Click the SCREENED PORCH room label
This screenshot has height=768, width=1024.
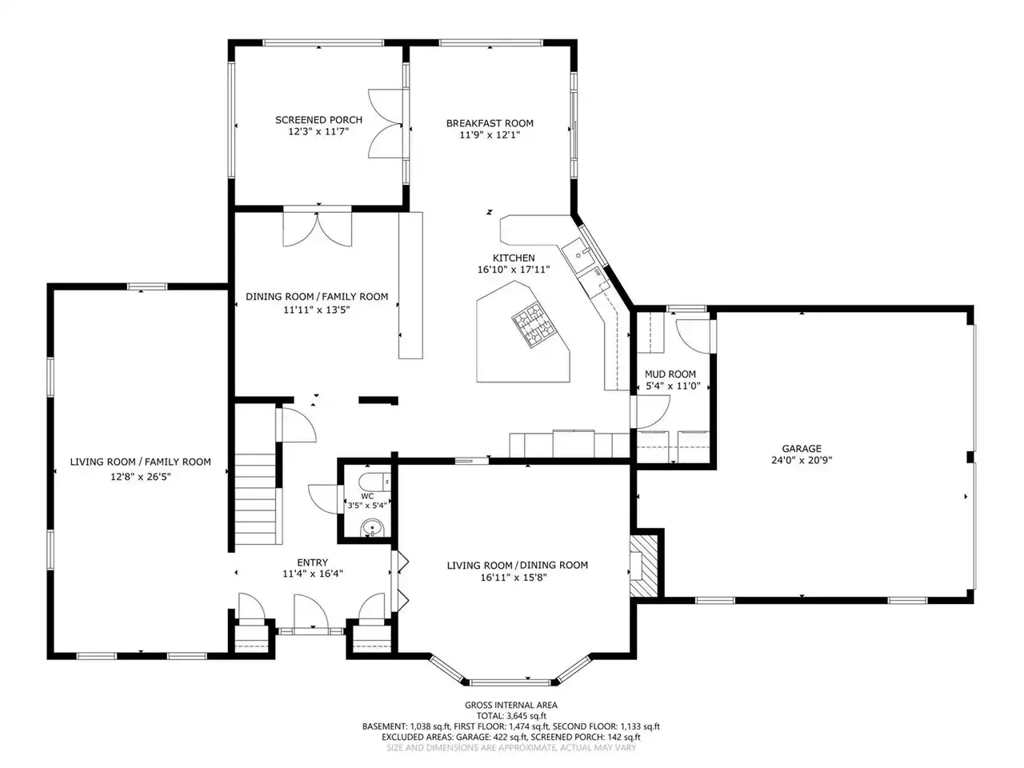click(318, 120)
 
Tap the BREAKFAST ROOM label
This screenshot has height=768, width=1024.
click(490, 123)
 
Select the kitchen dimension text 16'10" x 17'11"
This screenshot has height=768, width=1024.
click(514, 270)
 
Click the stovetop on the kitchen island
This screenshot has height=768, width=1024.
click(535, 325)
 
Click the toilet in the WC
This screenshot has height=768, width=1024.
click(374, 482)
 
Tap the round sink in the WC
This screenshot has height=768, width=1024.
click(372, 528)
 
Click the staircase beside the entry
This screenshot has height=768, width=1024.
click(258, 499)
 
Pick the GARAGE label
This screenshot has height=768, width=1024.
click(802, 449)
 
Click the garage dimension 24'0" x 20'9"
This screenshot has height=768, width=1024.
click(802, 460)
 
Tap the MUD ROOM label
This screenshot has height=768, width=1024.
click(670, 374)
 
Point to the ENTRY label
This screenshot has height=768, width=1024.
click(312, 562)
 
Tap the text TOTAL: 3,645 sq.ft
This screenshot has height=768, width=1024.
click(511, 716)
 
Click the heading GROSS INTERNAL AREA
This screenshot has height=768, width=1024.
click(511, 705)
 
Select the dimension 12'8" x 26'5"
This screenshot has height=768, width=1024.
click(141, 477)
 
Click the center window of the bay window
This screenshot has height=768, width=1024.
click(510, 682)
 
